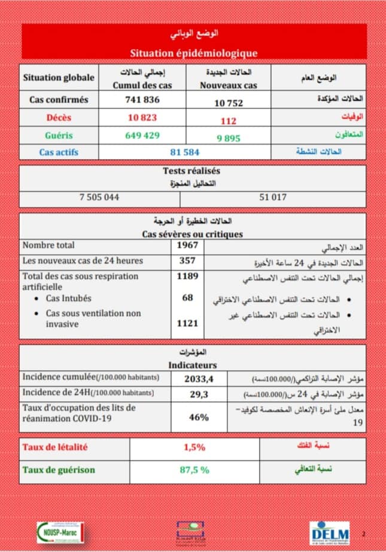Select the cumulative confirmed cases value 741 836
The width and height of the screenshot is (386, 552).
[142, 100]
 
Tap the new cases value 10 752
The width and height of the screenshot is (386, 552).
[229, 103]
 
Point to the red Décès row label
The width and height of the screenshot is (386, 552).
[59, 118]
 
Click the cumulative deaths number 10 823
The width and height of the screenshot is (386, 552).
[142, 118]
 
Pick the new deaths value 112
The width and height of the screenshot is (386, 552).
[229, 121]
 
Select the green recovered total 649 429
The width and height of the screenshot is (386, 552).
[142, 135]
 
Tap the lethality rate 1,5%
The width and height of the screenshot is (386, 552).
[194, 447]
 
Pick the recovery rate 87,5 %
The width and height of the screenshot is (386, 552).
[194, 470]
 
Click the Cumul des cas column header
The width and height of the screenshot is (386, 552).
[142, 86]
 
